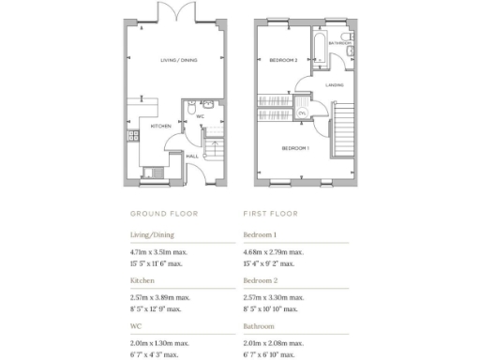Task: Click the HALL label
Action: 191,156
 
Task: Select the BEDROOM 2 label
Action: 284,60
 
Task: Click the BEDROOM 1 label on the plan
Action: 296,148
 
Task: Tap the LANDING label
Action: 334,84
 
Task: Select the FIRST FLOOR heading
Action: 271,213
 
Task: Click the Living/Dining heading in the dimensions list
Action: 153,235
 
